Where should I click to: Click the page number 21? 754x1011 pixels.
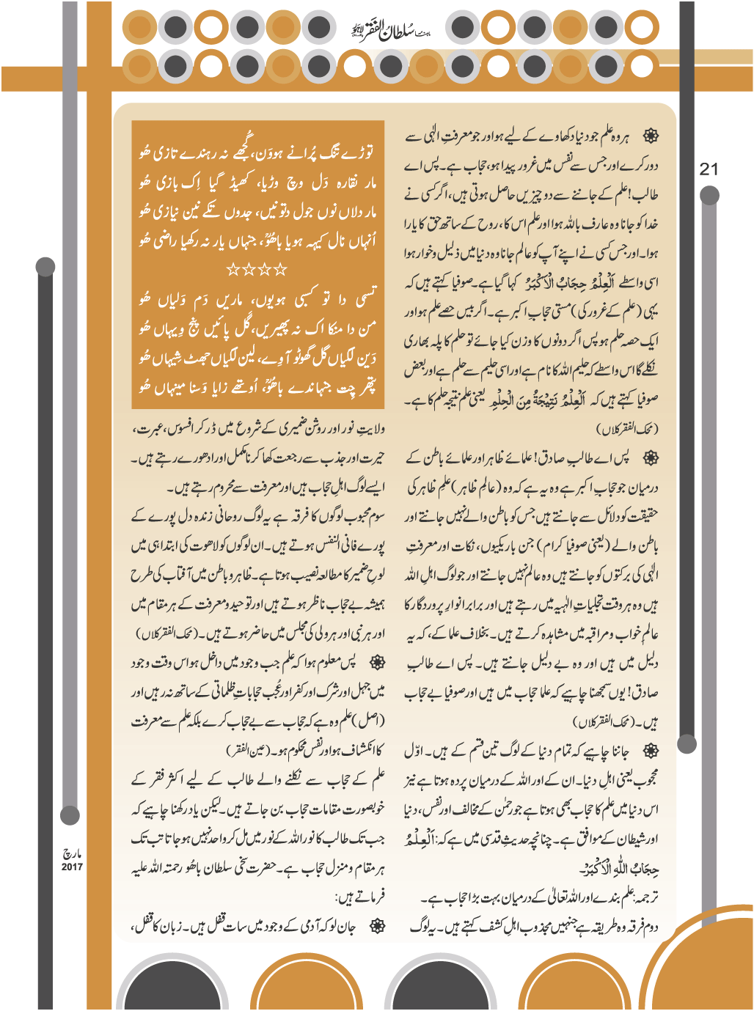[709, 169]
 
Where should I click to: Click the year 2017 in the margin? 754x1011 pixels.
[72, 867]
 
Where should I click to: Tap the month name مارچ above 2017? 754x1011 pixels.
[72, 854]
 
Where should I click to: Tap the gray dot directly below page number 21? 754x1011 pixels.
[709, 195]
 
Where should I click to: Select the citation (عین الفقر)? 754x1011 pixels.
[248, 750]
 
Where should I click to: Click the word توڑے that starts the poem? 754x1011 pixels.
[360, 152]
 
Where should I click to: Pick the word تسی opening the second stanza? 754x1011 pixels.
[365, 299]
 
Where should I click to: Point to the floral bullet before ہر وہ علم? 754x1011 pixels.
[650, 136]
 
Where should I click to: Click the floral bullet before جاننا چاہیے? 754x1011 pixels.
[650, 751]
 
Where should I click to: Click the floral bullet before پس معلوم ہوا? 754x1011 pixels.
[376, 663]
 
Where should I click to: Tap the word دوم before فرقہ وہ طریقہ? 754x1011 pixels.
[649, 927]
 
